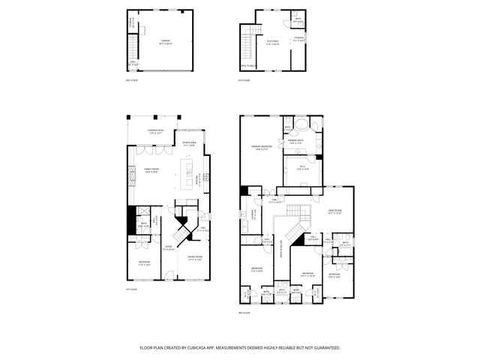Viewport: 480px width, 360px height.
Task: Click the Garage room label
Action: (165, 43)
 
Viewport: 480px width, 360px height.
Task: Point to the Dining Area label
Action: (190, 144)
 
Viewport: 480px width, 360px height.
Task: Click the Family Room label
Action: (152, 170)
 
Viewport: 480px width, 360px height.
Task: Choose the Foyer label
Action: (169, 248)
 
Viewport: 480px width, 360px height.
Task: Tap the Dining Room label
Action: (195, 259)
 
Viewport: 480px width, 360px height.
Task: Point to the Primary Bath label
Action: (295, 142)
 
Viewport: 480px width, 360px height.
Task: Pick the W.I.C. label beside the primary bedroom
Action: (302, 168)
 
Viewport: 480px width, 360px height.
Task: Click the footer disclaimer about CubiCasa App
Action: (240, 348)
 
